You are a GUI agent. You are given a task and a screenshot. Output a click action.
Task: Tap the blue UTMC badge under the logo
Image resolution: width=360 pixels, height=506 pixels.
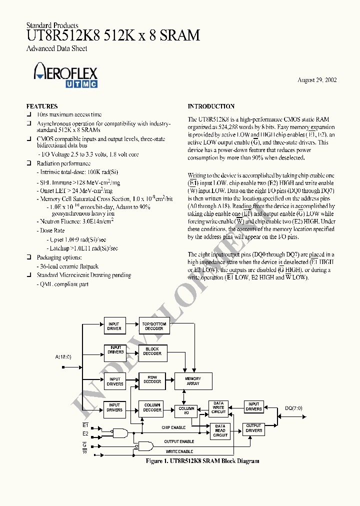pos(81,84)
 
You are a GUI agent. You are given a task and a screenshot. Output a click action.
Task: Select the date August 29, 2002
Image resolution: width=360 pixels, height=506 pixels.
pos(317,80)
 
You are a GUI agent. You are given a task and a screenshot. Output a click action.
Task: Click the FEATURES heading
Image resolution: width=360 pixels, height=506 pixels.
pos(42,106)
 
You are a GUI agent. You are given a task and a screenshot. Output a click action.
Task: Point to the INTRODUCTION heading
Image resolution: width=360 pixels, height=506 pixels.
pos(211,106)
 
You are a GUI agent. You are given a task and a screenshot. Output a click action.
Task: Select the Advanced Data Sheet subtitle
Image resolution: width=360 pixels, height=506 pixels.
pos(56,48)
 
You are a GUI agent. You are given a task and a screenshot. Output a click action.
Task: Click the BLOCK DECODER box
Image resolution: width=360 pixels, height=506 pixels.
pos(152,351)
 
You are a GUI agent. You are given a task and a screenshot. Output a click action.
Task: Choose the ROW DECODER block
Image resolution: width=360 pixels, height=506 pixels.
pos(152,379)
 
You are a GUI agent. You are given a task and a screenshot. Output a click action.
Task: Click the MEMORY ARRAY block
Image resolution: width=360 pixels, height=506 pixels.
pos(192,381)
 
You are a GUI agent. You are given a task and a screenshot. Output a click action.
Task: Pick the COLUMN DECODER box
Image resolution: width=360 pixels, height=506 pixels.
pos(152,407)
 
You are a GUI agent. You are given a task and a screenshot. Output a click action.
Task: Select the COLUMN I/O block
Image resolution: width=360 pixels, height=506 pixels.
pos(186,410)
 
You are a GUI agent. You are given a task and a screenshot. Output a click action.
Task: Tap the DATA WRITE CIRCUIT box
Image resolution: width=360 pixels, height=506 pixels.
pos(218,407)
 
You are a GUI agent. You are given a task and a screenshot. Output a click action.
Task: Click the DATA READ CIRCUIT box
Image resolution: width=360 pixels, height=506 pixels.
pos(220,430)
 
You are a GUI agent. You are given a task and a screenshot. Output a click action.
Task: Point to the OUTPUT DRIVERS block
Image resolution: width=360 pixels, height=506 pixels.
pos(253,428)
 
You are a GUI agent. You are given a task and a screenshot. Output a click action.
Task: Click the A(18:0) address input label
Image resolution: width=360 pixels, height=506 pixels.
pos(63,357)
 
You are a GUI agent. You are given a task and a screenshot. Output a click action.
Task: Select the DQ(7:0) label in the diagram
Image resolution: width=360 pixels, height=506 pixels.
pos(293,408)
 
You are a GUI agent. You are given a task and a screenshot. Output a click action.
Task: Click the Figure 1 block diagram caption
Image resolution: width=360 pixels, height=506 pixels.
pos(202,461)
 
